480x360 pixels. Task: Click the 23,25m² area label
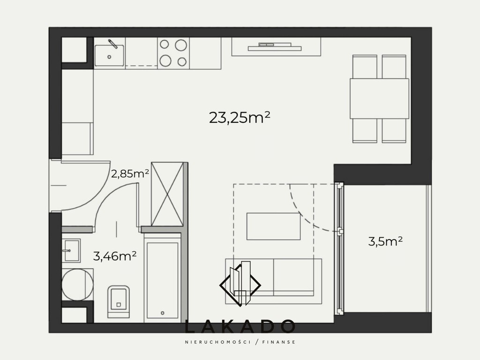coord(240,118)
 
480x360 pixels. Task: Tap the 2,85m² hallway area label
coord(130,174)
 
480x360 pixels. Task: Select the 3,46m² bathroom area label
coord(114,256)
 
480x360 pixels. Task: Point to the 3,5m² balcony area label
coord(385,241)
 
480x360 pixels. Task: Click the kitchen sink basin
coord(109,55)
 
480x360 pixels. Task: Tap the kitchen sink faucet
coord(112,44)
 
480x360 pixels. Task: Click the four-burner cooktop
coord(173,53)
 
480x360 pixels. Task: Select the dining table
coord(379,98)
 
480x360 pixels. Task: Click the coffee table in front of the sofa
coord(273,226)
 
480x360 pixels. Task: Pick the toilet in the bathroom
coord(119,301)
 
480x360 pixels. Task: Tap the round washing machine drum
coord(77,285)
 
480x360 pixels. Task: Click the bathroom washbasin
coord(71,251)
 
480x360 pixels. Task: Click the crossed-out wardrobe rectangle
coord(167,194)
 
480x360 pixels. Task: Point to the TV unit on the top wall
coord(276,47)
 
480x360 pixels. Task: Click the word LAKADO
coord(240,326)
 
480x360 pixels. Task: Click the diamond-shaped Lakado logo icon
coord(240,284)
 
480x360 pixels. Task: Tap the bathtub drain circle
coord(163,313)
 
